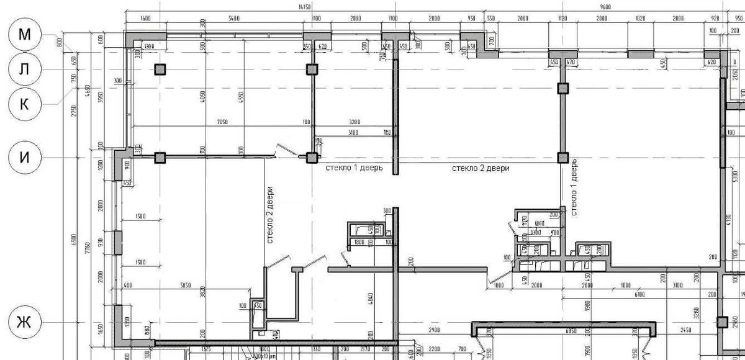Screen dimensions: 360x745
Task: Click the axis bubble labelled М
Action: tap(24, 35)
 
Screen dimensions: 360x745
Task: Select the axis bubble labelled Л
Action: tap(24, 69)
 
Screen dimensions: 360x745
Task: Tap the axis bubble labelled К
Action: tap(24, 104)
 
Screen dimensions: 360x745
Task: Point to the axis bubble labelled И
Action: tap(24, 158)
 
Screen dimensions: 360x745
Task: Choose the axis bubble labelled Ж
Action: tap(24, 322)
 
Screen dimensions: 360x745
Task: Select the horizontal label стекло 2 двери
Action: tap(480, 168)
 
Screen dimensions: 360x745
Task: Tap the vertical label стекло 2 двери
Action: tap(270, 214)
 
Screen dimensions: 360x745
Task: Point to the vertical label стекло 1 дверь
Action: tap(574, 187)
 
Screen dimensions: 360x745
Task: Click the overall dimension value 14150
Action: tap(304, 7)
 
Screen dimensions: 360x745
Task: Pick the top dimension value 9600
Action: tap(605, 7)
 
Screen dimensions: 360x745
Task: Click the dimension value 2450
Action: tap(685, 330)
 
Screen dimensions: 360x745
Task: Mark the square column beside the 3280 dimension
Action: tap(722, 322)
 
